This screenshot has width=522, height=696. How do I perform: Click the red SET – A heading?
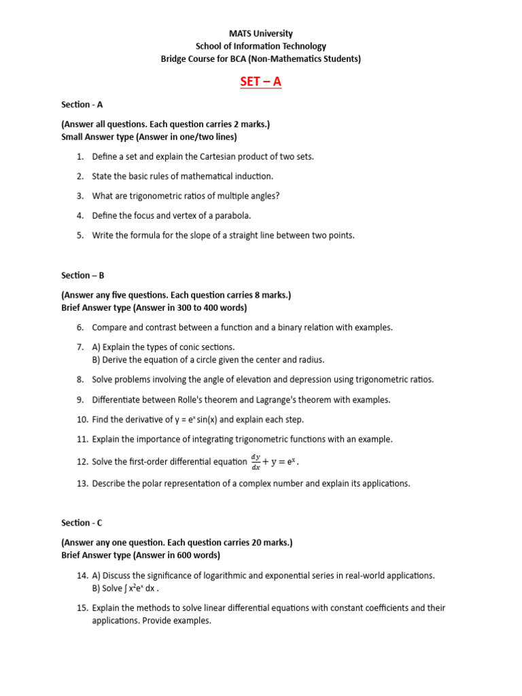(260, 82)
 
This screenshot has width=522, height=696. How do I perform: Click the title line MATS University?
(260, 33)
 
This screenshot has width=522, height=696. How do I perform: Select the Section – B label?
(82, 275)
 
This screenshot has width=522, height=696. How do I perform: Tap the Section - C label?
(82, 523)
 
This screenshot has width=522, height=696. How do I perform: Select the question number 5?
(80, 235)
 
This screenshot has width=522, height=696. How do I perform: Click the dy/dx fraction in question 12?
(256, 462)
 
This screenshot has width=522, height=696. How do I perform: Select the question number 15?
(82, 608)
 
